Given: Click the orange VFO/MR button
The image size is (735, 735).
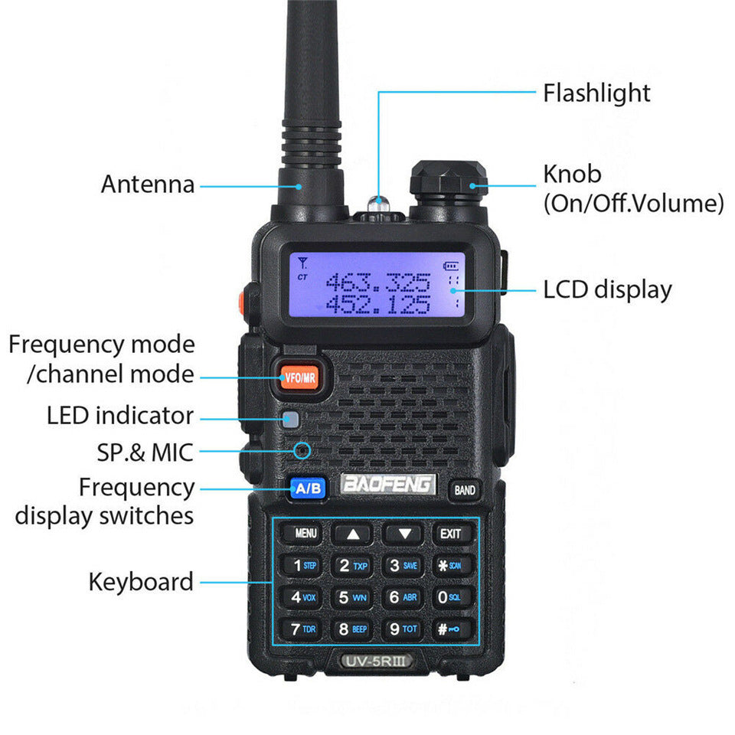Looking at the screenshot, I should pyautogui.click(x=299, y=377).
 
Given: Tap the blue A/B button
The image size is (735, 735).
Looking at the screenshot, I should pyautogui.click(x=307, y=488).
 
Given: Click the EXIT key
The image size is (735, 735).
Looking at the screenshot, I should pyautogui.click(x=451, y=534).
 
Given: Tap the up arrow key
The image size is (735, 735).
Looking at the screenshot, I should pyautogui.click(x=353, y=534).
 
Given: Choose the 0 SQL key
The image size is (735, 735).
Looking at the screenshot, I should pyautogui.click(x=449, y=597).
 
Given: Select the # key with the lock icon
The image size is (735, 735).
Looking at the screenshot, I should pyautogui.click(x=449, y=629).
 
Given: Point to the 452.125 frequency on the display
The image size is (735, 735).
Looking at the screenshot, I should pyautogui.click(x=378, y=305).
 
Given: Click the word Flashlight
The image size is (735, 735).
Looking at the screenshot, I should pyautogui.click(x=596, y=93).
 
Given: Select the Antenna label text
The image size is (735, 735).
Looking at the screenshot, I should pyautogui.click(x=148, y=185).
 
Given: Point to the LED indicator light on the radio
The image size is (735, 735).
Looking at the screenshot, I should pyautogui.click(x=289, y=419).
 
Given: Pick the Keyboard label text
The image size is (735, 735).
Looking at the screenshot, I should pyautogui.click(x=141, y=582).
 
